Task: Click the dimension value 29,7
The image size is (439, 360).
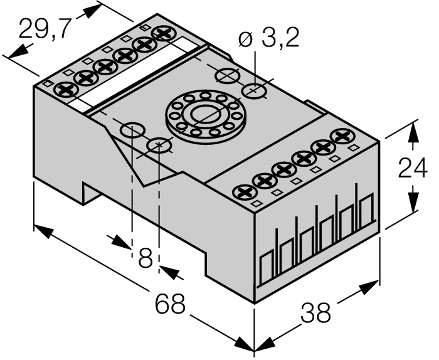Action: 43,29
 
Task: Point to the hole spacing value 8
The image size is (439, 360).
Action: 145,257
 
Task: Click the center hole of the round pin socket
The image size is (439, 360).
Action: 203,115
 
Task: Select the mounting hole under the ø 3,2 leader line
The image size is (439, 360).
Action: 255,90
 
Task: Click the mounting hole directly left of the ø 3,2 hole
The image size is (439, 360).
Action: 226,76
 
